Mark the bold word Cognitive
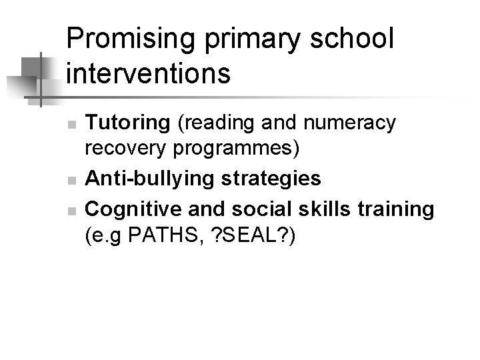tap(126, 209)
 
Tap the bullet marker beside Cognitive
tap(75, 210)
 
